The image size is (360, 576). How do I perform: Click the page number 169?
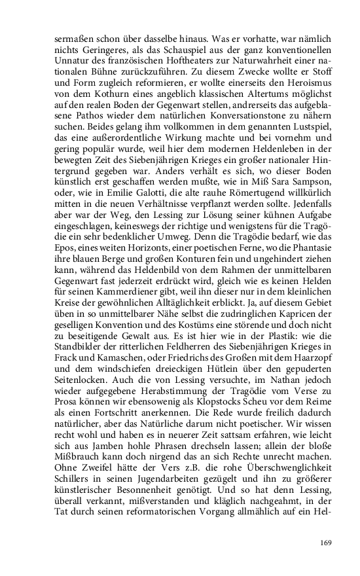tap(327, 542)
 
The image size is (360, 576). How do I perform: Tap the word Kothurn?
tap(116, 97)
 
